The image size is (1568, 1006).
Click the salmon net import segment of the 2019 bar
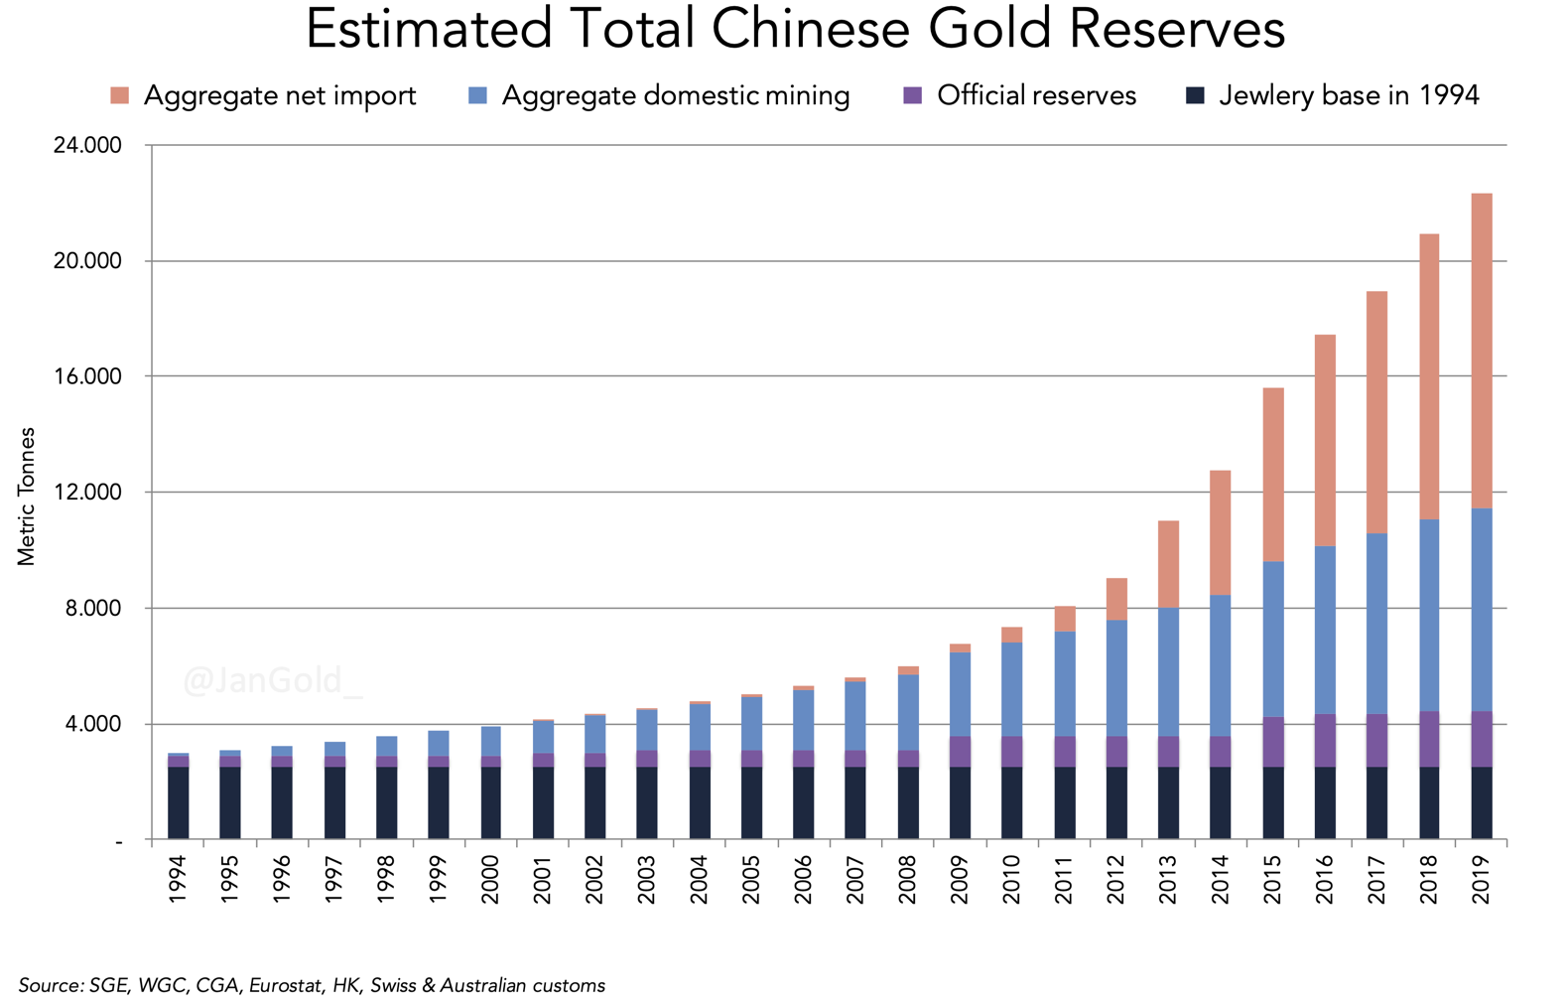click(x=1481, y=351)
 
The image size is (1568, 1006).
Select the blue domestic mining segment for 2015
click(x=1272, y=639)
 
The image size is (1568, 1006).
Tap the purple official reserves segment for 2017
click(x=1376, y=740)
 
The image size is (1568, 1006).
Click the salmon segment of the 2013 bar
click(x=1168, y=563)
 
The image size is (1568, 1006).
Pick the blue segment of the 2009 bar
click(x=960, y=694)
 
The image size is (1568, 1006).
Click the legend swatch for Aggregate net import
click(x=120, y=96)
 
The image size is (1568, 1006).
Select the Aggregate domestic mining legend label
click(x=675, y=96)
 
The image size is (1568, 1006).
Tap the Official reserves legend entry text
click(x=1036, y=96)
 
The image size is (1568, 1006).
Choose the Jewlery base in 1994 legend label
click(x=1349, y=96)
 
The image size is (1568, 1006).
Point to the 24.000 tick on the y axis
click(x=87, y=146)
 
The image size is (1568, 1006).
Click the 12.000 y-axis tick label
click(x=87, y=493)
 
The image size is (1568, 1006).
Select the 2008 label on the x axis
click(x=907, y=880)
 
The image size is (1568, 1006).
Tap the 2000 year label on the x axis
click(x=490, y=880)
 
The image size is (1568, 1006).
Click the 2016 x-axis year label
click(x=1324, y=880)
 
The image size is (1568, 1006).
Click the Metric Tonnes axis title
click(x=27, y=496)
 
